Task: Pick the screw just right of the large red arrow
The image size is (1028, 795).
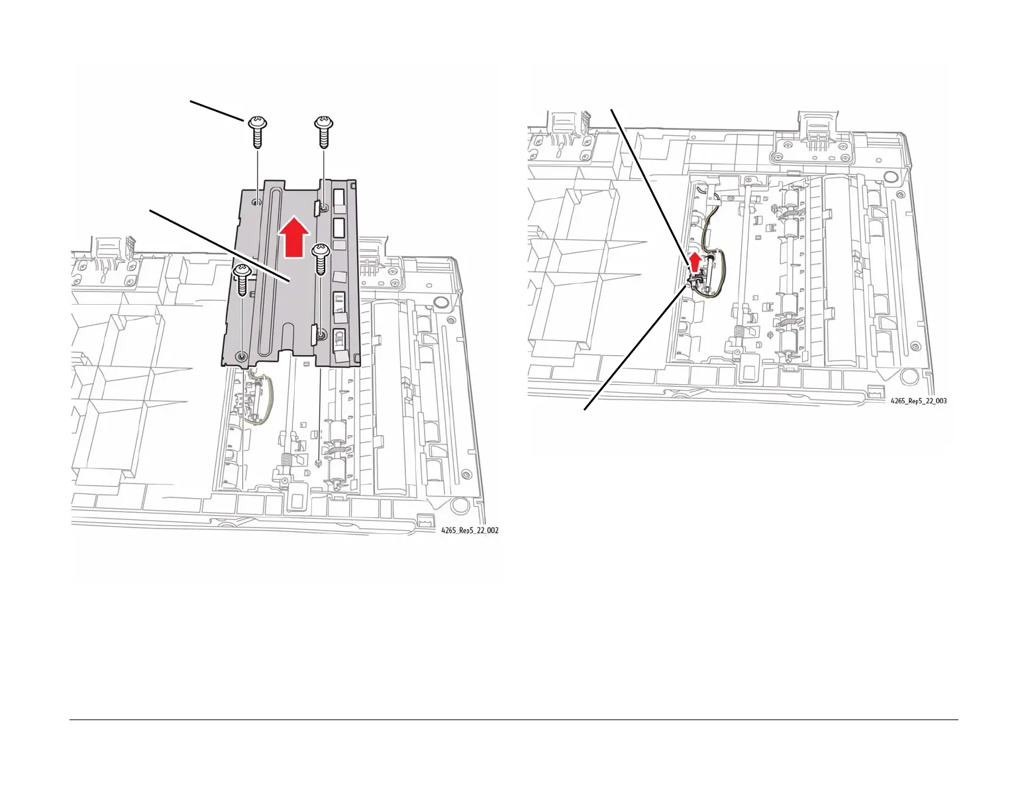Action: pyautogui.click(x=321, y=259)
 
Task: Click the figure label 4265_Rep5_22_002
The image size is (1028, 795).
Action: pyautogui.click(x=470, y=531)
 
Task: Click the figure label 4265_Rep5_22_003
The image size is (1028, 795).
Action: pyautogui.click(x=918, y=401)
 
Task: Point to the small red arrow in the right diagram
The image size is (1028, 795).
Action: pyautogui.click(x=695, y=261)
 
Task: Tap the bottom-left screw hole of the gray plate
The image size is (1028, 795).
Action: pyautogui.click(x=242, y=356)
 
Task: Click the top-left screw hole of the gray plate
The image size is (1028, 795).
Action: pyautogui.click(x=256, y=202)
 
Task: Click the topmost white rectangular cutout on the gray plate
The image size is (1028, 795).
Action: pyautogui.click(x=339, y=197)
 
